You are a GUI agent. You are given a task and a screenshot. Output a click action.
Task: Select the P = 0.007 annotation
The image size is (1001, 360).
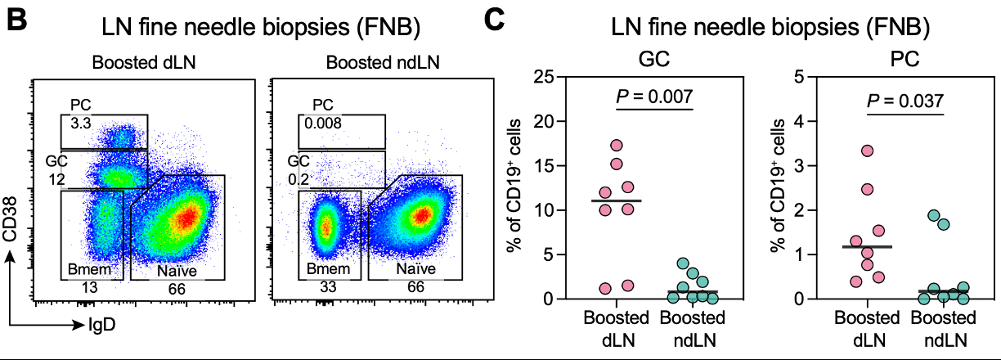[653, 97]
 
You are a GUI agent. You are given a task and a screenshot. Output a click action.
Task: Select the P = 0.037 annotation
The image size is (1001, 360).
[905, 101]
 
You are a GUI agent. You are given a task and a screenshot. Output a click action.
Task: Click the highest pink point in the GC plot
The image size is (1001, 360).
[617, 146]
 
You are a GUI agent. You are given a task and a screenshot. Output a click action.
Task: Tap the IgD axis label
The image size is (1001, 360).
[101, 325]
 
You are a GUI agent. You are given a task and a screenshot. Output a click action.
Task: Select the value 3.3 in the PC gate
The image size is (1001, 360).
[79, 123]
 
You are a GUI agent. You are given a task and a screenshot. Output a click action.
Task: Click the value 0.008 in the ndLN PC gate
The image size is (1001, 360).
[322, 123]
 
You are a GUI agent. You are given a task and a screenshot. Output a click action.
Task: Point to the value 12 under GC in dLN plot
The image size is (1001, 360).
[56, 178]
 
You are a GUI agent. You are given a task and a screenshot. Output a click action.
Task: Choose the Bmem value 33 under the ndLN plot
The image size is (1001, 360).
[327, 288]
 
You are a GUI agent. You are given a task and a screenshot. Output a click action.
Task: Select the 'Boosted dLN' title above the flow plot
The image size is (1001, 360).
[132, 63]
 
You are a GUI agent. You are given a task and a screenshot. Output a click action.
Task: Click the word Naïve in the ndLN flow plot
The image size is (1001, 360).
[417, 268]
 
